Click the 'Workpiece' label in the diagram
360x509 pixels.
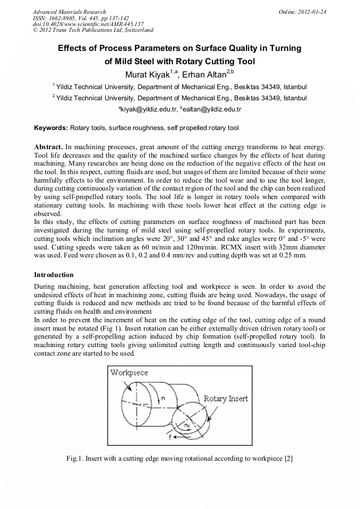point(129,373)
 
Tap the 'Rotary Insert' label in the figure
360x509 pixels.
point(226,399)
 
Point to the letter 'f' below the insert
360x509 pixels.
point(170,438)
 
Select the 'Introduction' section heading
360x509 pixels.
point(54,275)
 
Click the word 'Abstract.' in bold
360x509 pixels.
point(49,146)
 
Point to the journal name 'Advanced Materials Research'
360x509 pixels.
point(70,12)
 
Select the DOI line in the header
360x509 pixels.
point(88,24)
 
